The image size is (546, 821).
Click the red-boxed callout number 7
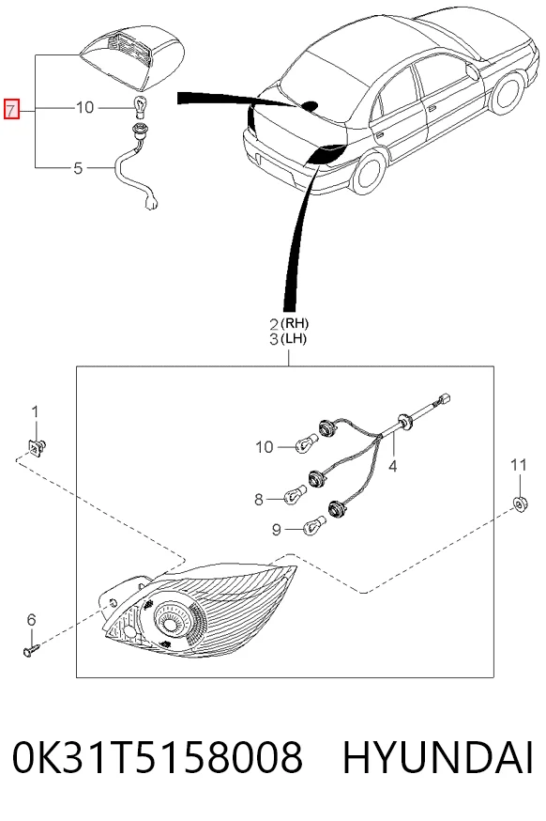coord(11,109)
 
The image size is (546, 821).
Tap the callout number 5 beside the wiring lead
coord(78,168)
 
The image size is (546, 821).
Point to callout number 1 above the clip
coord(35,412)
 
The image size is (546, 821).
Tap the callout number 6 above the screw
coord(31,621)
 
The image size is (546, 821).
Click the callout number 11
coord(519,464)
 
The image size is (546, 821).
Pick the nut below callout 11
coord(520,503)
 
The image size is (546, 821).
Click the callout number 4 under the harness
coord(393,465)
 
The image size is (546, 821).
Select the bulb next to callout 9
coord(312,525)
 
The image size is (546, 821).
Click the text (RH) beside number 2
coord(296,323)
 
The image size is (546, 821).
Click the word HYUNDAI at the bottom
coord(438,758)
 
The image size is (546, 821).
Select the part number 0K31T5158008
coord(158,758)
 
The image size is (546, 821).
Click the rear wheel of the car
coord(371,172)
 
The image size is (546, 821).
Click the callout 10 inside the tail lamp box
coord(265,447)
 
